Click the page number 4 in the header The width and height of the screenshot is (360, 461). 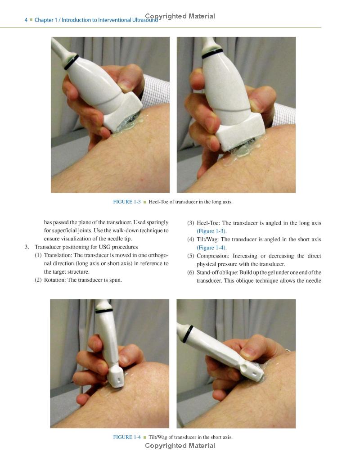point(26,20)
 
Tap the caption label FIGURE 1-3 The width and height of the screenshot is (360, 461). point(126,202)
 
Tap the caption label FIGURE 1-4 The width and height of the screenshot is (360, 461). point(126,437)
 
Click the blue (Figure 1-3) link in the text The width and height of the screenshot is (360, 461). point(211,231)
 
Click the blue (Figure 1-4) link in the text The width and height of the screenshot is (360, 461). point(211,248)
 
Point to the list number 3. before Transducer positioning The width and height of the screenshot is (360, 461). point(27,247)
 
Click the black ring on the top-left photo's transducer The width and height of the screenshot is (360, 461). point(71,62)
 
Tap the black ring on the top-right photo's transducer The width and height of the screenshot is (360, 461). point(212,54)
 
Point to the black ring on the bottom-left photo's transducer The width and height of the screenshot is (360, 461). point(104,311)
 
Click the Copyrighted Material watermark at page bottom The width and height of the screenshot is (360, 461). point(180,446)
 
